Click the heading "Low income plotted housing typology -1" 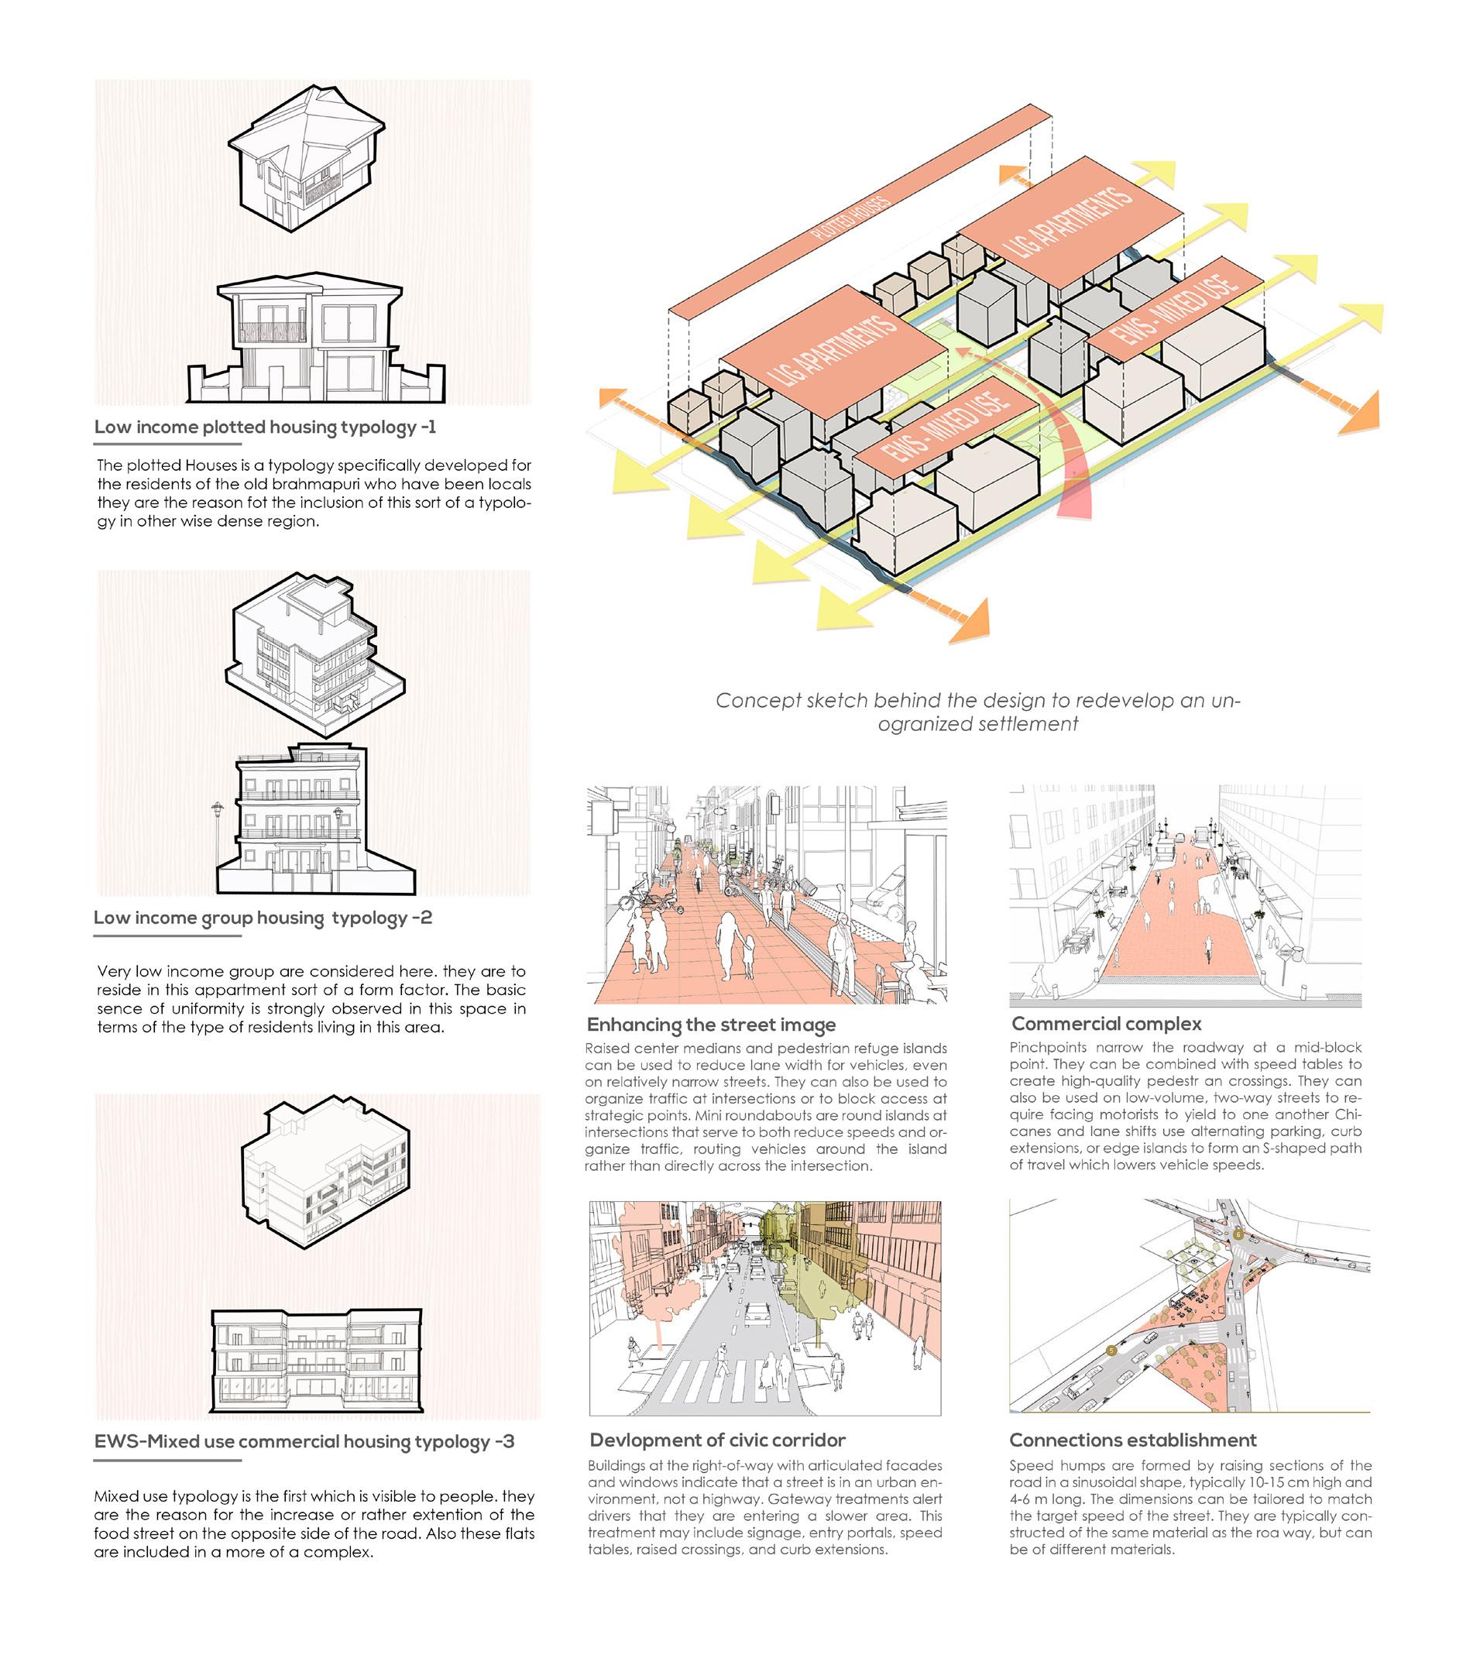tap(265, 427)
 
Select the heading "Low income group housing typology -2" tap(263, 917)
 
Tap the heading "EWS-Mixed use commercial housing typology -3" tap(304, 1441)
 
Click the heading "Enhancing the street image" tap(711, 1024)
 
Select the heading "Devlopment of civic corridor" tap(717, 1440)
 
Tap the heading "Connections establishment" tap(1132, 1440)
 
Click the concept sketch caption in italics tap(977, 712)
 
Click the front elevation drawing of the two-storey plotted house tap(316, 341)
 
